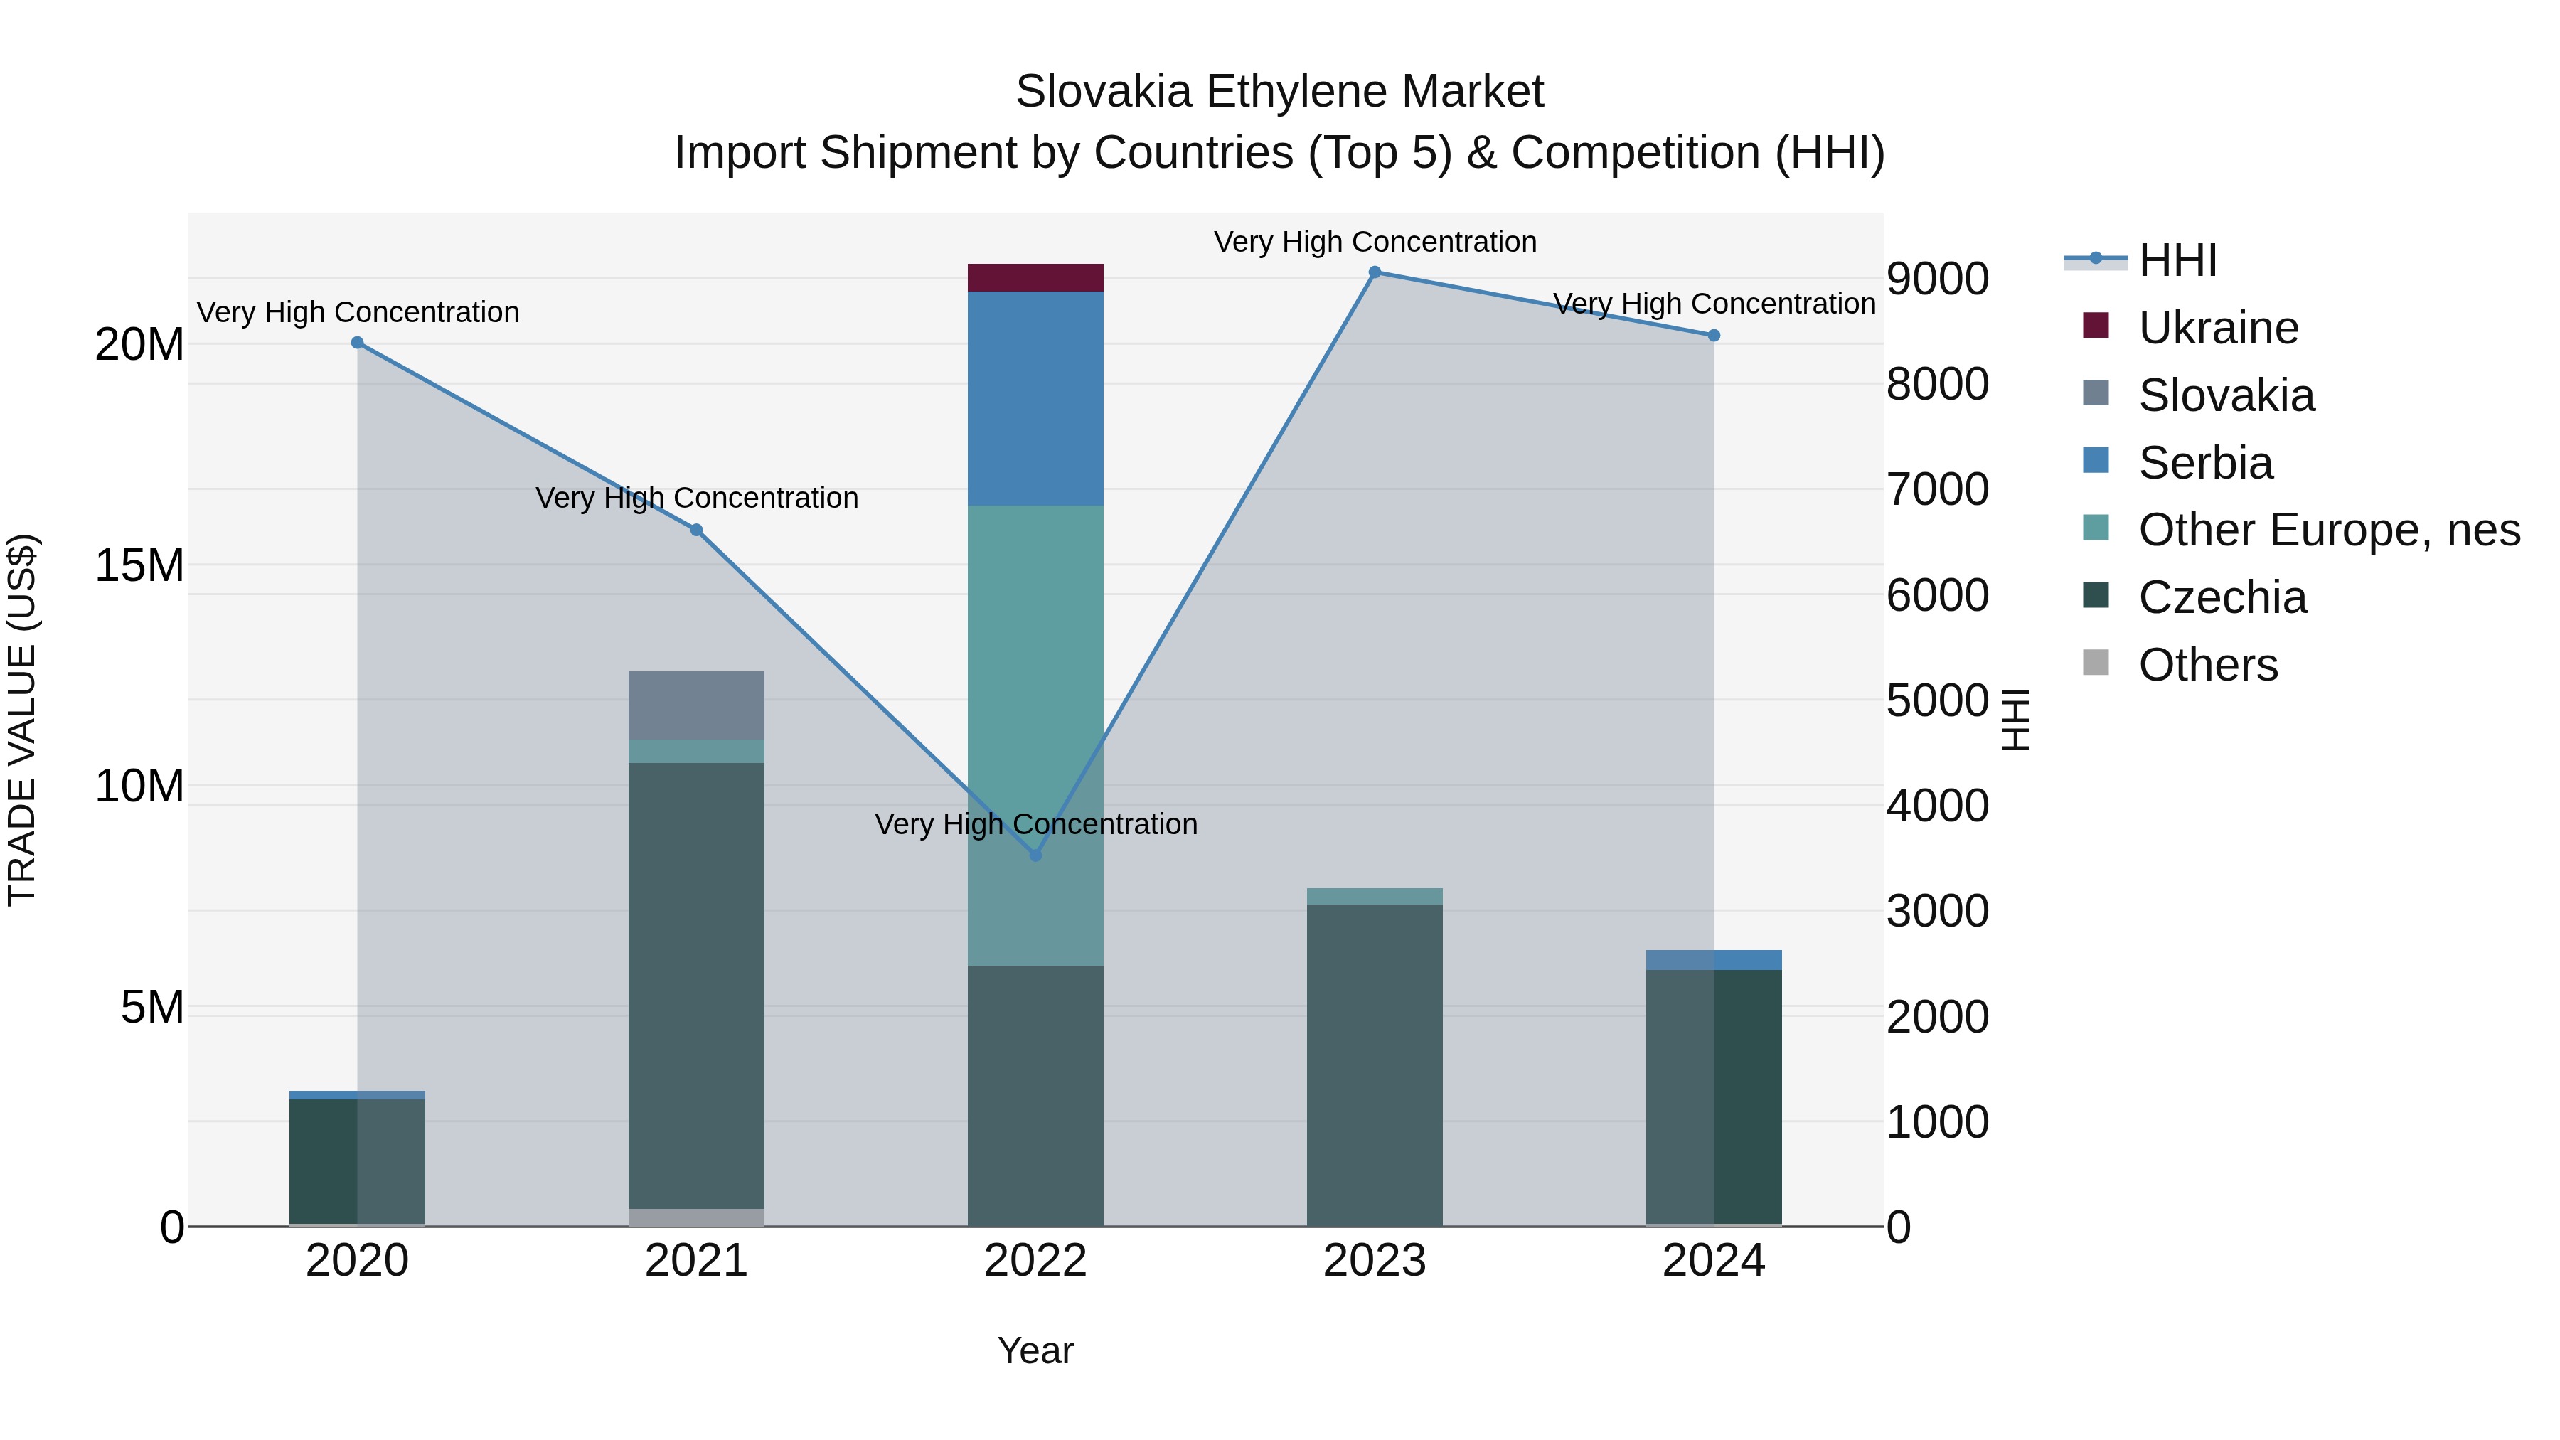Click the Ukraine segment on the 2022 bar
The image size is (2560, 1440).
tap(1035, 277)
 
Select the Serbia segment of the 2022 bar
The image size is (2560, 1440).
tap(1035, 398)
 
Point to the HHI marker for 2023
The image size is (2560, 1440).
tap(1375, 272)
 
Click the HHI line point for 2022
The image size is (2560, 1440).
tap(1035, 855)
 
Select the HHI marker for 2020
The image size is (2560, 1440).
tap(357, 343)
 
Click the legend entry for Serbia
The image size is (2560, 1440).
tap(2204, 463)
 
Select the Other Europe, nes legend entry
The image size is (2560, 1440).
tap(2327, 530)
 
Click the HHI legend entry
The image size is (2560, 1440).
tap(2177, 260)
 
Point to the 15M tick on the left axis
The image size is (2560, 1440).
tap(139, 565)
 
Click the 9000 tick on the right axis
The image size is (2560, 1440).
tap(1937, 279)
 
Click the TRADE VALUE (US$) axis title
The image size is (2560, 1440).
tap(22, 720)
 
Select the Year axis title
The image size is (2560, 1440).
tap(1035, 1350)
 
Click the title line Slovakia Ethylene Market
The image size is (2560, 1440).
tap(1279, 92)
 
